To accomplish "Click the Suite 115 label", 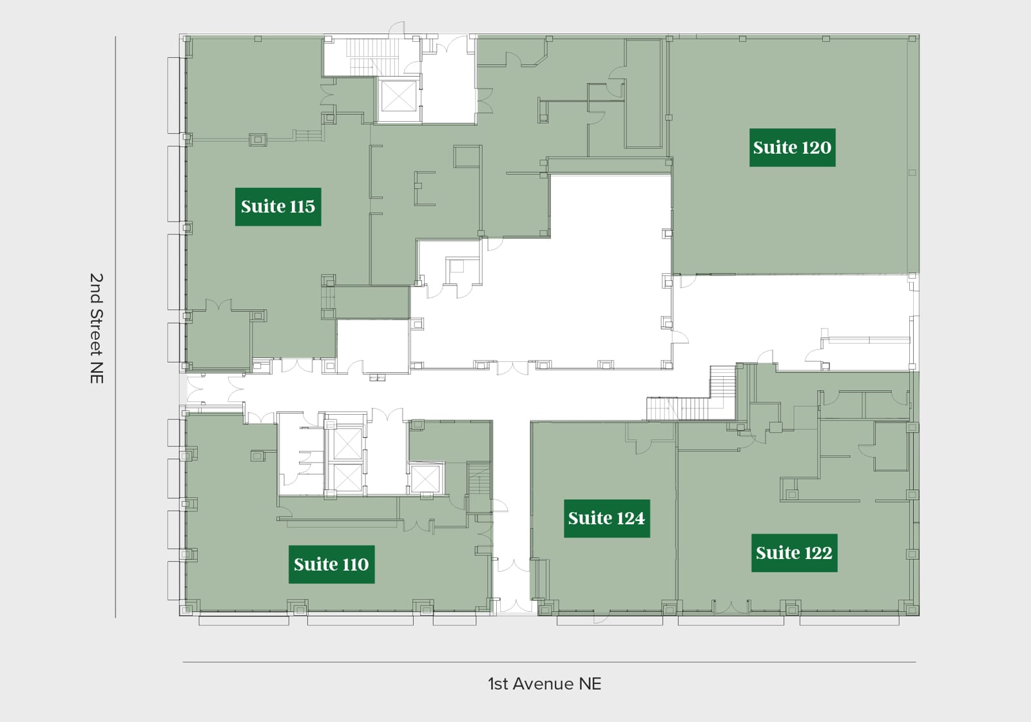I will [278, 206].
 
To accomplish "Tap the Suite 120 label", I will [792, 147].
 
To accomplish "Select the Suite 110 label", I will [331, 564].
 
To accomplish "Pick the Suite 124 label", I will [606, 518].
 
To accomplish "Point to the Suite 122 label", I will [794, 553].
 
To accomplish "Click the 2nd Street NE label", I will [96, 328].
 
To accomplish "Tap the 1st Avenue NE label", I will [544, 683].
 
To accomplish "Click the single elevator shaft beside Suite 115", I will [398, 96].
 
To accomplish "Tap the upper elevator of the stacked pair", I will [347, 444].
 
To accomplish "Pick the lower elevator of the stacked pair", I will [347, 477].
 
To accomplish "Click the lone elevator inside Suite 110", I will [425, 479].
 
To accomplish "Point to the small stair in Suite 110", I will [479, 479].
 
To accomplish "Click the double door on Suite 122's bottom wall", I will [731, 607].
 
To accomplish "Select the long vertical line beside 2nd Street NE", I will [115, 327].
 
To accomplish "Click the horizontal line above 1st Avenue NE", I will [549, 662].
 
